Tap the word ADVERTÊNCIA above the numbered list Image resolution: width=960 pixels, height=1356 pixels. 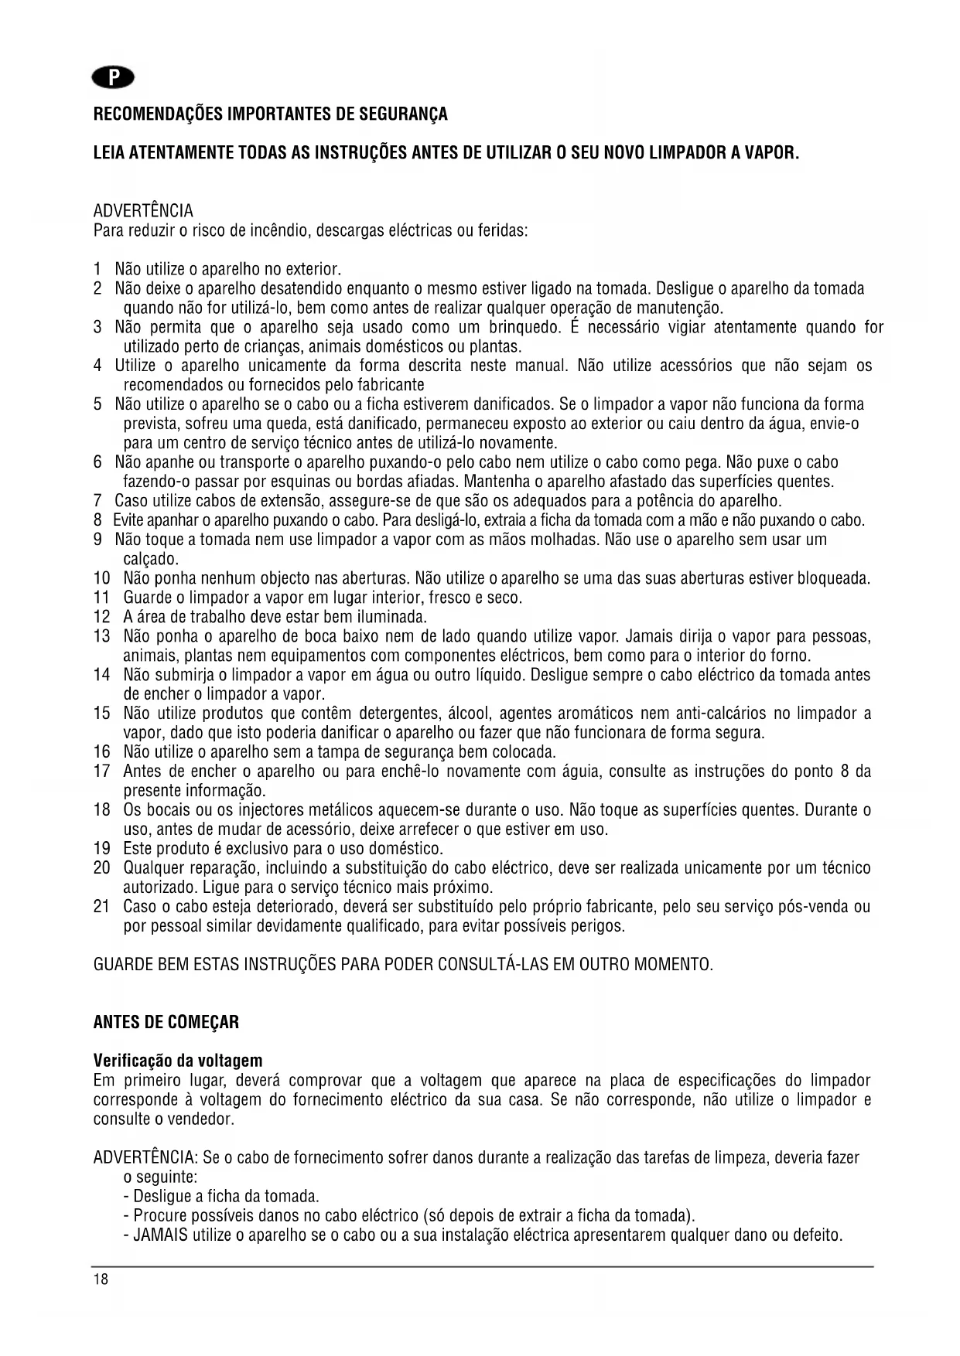(143, 211)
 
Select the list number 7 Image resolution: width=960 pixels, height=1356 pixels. (97, 501)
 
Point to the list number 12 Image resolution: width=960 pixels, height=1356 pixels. (102, 617)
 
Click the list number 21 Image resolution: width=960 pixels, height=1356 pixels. (102, 906)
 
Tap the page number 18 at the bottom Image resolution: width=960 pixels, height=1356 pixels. (101, 1279)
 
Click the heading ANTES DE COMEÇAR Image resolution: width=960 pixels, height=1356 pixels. (166, 1022)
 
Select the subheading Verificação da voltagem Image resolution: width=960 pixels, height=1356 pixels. (178, 1060)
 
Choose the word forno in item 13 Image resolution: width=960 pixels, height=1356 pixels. (792, 656)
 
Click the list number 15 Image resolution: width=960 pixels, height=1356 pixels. (102, 714)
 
